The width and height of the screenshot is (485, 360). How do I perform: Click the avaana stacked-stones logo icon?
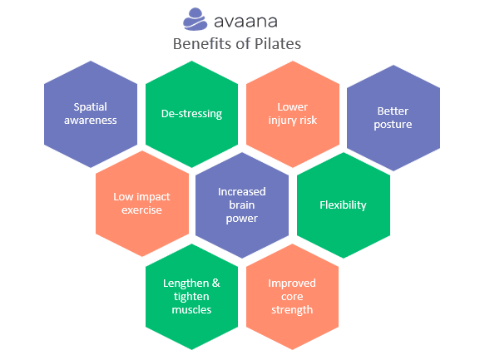tap(195, 19)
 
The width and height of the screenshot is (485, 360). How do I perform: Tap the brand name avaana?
tap(245, 22)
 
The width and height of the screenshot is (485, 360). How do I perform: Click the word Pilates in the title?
tap(278, 44)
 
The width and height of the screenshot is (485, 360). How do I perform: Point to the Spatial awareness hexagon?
tap(91, 114)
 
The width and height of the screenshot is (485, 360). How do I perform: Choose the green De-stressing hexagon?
tap(192, 114)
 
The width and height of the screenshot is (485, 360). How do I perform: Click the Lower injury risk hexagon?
tap(293, 114)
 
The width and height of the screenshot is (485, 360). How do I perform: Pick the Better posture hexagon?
tap(393, 118)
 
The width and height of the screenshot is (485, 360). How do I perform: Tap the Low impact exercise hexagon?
tap(142, 204)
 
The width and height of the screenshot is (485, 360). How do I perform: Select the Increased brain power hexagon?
tap(242, 205)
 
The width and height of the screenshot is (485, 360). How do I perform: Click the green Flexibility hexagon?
tap(344, 205)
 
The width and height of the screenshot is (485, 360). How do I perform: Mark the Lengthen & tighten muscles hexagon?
tap(192, 297)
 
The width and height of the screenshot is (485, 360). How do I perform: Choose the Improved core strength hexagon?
tap(292, 297)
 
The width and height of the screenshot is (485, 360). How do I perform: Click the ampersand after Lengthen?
tap(216, 283)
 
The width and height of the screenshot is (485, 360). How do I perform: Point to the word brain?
tap(242, 205)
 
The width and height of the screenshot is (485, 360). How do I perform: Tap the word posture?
tap(393, 125)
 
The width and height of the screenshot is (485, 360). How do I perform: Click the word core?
tap(292, 297)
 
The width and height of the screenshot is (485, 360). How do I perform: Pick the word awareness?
tap(91, 121)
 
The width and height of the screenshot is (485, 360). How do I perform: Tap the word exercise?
tap(141, 210)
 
